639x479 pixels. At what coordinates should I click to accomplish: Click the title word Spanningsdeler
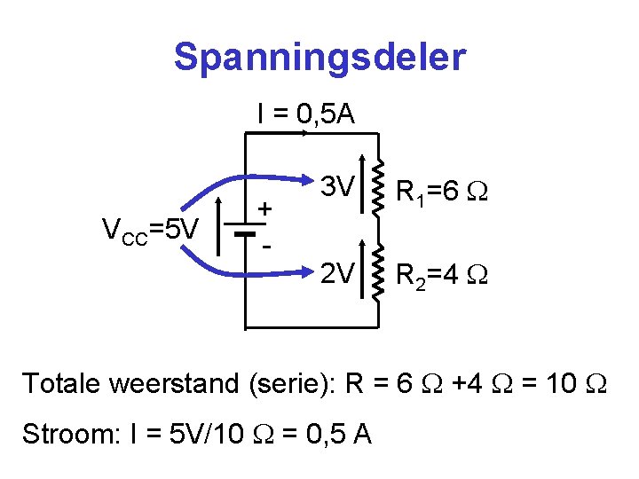[319, 58]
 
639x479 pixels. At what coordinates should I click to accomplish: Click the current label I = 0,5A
[305, 114]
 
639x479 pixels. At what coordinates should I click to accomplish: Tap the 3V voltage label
[337, 187]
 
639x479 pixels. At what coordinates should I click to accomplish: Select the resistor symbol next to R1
[379, 187]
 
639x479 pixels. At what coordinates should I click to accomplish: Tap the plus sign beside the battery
[264, 209]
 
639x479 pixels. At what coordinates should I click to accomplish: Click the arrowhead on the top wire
[305, 133]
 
